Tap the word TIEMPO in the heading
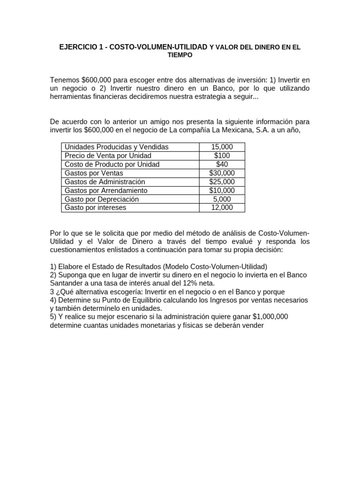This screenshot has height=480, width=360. [x=180, y=55]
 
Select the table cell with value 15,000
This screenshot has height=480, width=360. [x=222, y=147]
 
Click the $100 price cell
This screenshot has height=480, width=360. [x=222, y=156]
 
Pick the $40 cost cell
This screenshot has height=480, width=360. [x=222, y=164]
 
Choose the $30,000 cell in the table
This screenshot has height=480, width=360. [x=222, y=173]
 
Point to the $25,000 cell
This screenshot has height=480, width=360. [x=222, y=181]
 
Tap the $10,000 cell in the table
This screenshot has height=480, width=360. [x=222, y=190]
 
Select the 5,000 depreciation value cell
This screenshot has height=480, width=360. [x=222, y=199]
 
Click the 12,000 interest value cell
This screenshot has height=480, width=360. [x=222, y=207]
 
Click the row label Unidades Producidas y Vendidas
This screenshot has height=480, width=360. [x=116, y=147]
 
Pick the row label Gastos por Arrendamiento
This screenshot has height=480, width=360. [x=106, y=190]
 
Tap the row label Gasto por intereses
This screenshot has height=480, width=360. [x=95, y=207]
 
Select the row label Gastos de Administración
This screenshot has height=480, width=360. [x=105, y=181]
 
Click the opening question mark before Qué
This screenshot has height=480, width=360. [x=58, y=292]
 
